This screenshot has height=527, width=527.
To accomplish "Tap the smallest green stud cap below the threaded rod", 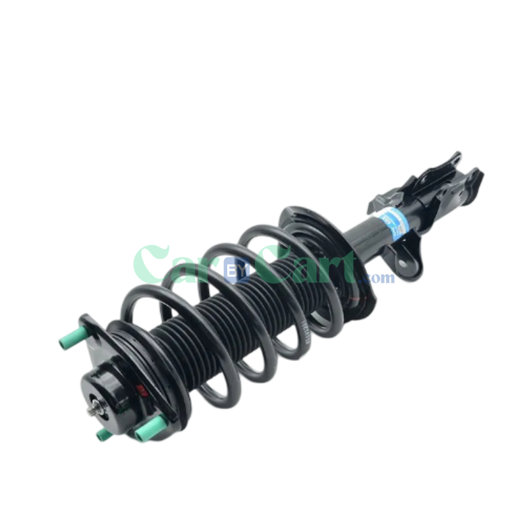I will (x=102, y=434).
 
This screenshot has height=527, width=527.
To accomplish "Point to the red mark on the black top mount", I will (x=140, y=390).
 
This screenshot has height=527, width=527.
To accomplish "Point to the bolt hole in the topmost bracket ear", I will (x=454, y=159).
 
